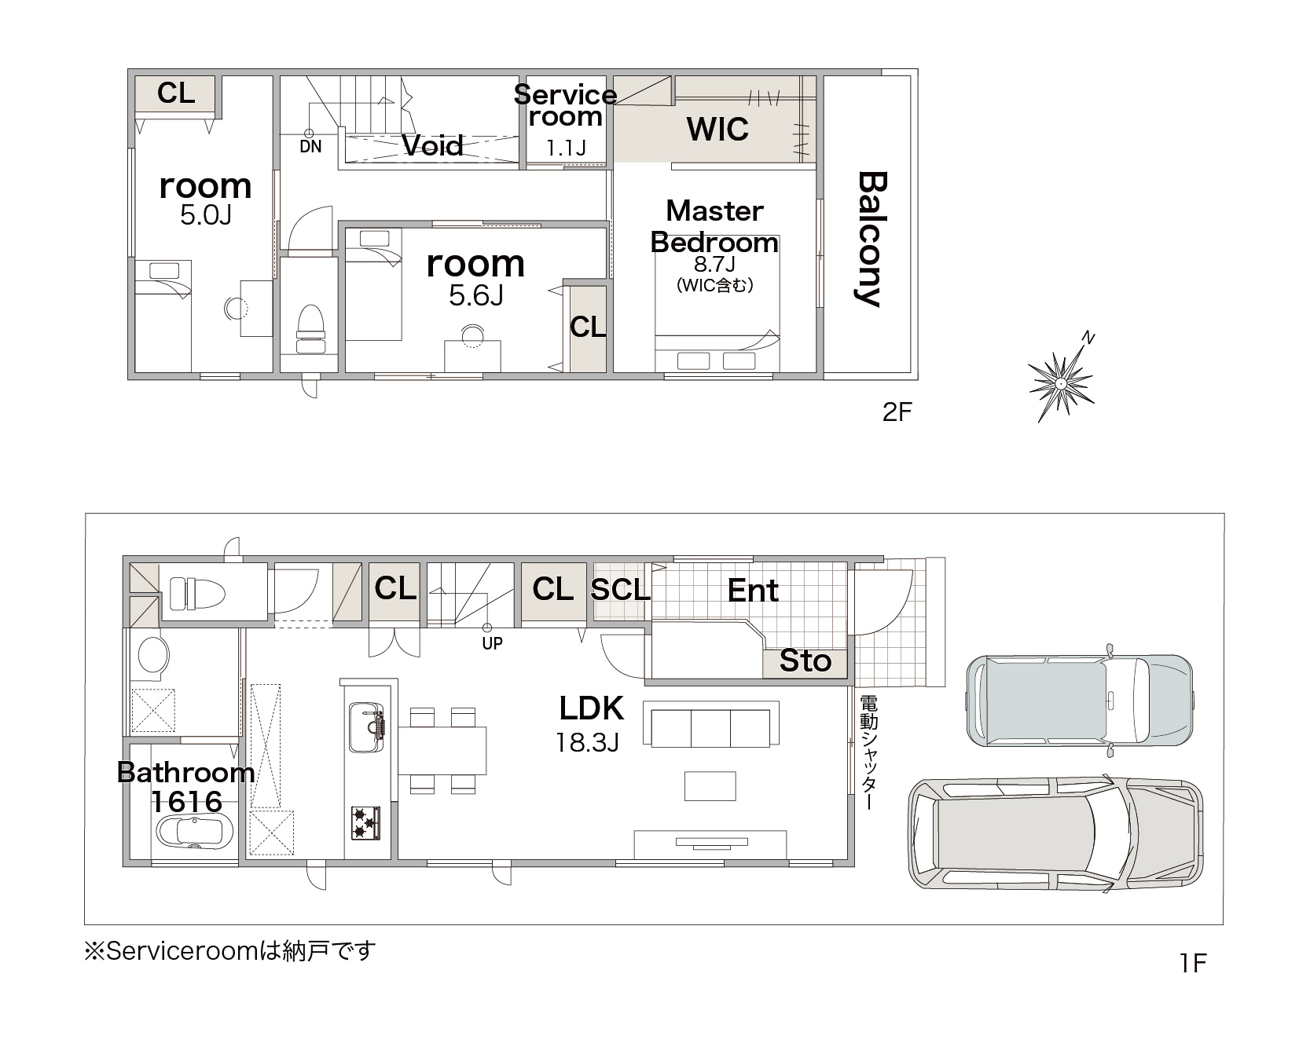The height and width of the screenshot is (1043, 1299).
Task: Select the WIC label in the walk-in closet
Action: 717,129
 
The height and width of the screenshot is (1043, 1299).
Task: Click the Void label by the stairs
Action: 432,145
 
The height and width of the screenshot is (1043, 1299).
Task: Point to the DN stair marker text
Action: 310,147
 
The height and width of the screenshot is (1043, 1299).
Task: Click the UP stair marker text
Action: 492,643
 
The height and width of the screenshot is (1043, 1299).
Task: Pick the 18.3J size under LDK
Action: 588,742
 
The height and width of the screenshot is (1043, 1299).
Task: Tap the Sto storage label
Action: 805,661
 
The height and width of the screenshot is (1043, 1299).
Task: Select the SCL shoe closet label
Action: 620,589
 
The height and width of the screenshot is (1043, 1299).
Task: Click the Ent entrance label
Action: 753,590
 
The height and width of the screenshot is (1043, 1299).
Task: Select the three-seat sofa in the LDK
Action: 711,723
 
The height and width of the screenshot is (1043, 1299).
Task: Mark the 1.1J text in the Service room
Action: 566,148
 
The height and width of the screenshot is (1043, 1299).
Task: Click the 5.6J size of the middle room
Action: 476,295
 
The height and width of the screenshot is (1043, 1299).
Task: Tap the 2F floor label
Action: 897,412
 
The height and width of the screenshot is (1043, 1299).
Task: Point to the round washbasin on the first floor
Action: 152,656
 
